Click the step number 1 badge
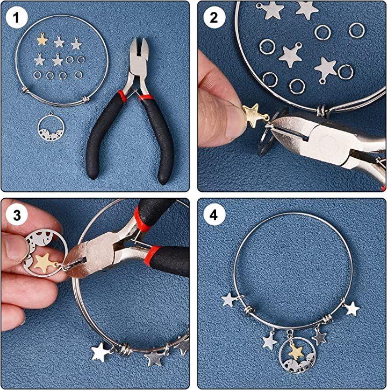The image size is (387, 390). [x=16, y=17]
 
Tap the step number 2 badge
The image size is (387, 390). [x=214, y=17]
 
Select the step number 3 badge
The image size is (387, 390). [x=17, y=215]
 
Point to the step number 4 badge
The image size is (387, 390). [x=214, y=215]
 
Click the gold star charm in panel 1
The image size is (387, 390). [x=42, y=39]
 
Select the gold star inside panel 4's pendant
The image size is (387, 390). [x=296, y=351]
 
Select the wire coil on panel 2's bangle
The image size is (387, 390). [x=322, y=110]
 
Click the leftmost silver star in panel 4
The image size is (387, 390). [x=228, y=300]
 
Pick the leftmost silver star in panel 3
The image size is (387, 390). [x=101, y=352]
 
